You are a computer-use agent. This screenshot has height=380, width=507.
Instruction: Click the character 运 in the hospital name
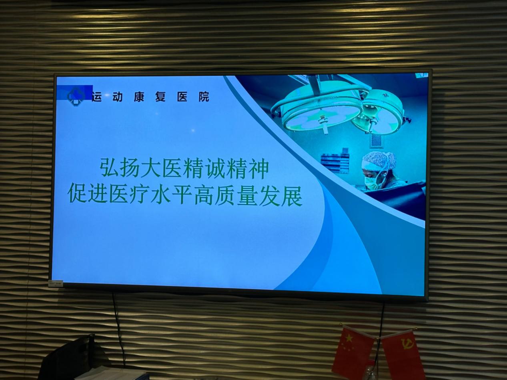97,96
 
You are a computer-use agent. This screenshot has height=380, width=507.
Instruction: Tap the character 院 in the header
204,96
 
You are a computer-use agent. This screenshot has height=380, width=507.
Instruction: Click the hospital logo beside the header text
76,96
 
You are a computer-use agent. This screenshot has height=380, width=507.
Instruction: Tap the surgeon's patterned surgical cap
379,160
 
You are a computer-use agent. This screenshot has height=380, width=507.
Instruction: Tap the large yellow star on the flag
349,339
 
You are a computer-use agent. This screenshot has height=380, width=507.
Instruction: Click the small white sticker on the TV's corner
56,283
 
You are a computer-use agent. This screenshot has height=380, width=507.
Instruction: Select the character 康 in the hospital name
139,96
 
